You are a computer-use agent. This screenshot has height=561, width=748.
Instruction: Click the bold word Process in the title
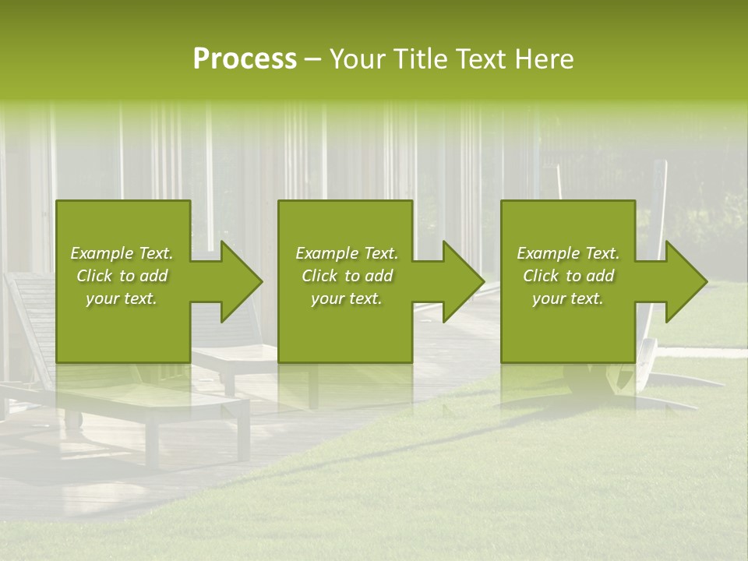[245, 59]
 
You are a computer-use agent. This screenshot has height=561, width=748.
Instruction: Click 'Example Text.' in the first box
[122, 253]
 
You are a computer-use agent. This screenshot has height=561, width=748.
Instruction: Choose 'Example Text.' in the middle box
[347, 253]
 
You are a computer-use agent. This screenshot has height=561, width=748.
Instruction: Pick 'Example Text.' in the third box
[568, 253]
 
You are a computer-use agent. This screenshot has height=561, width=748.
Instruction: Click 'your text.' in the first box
[122, 298]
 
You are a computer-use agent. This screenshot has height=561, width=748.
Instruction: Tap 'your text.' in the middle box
[347, 298]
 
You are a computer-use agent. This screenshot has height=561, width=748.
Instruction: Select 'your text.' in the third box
[568, 298]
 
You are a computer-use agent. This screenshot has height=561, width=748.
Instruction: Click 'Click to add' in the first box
[122, 276]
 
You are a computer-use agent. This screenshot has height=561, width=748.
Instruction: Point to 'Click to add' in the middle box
[347, 276]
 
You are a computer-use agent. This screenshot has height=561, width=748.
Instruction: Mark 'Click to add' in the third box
[568, 276]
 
